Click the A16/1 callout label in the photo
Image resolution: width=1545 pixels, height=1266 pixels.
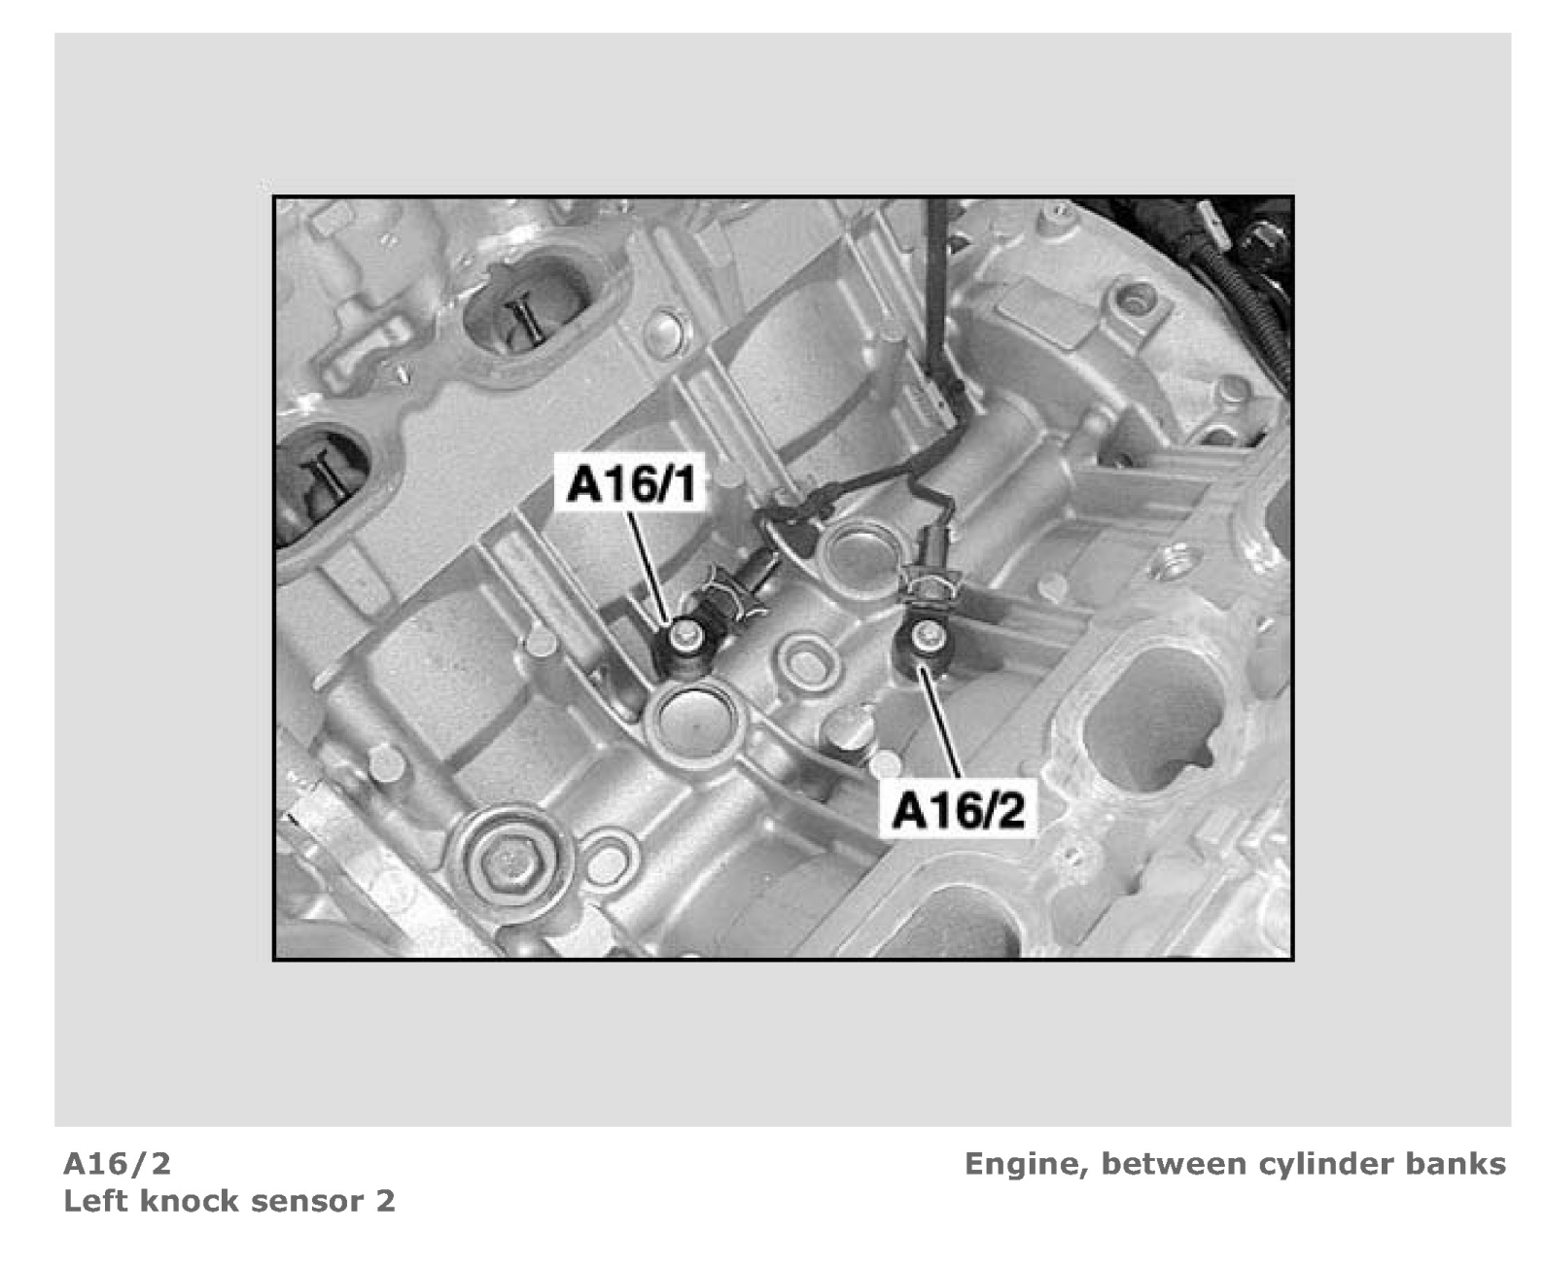pyautogui.click(x=631, y=483)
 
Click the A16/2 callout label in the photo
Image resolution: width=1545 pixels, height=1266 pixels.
pyautogui.click(x=958, y=810)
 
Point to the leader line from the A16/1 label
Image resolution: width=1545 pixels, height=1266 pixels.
pyautogui.click(x=649, y=566)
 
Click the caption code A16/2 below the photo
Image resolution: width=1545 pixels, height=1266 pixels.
pyautogui.click(x=118, y=1164)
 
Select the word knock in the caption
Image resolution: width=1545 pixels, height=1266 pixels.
pyautogui.click(x=180, y=1202)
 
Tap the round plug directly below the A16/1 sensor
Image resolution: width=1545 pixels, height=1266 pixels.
pyautogui.click(x=692, y=721)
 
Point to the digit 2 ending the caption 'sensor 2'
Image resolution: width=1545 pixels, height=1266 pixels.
pyautogui.click(x=385, y=1202)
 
